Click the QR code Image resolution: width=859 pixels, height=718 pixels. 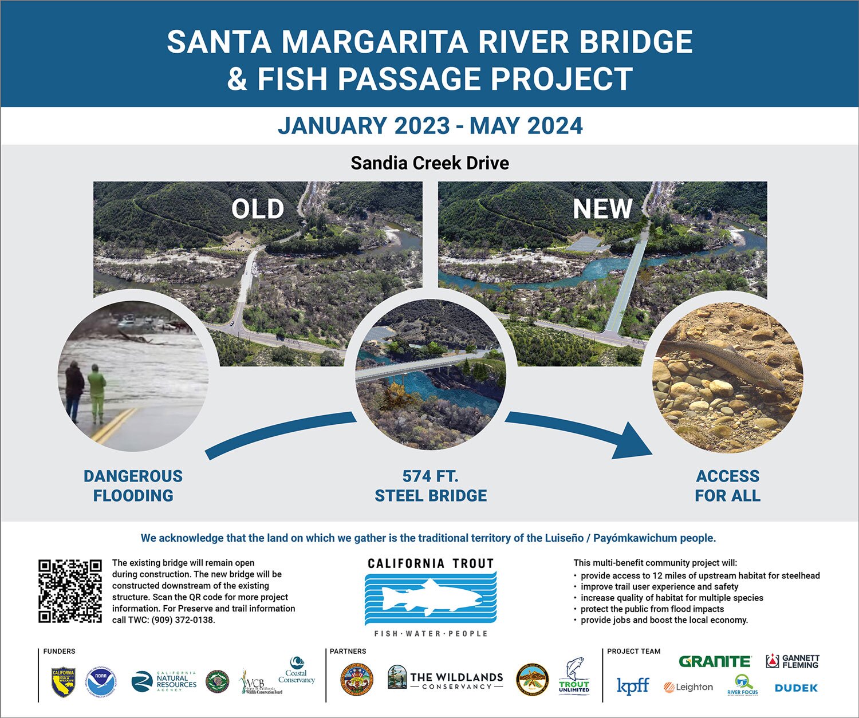coord(70,591)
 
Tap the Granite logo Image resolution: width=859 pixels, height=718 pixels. coord(714,662)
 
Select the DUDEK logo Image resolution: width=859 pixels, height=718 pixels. coord(796,688)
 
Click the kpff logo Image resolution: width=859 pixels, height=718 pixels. coord(632,686)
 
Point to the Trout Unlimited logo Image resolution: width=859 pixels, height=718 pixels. coord(574,676)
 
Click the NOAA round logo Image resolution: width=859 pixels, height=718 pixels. coord(101,681)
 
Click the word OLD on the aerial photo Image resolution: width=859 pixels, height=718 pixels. coord(258,209)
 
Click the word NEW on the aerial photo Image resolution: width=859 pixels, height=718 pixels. coord(602,209)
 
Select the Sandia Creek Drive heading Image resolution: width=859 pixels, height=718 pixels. coord(429,163)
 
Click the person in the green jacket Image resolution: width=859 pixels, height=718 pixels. coord(96,392)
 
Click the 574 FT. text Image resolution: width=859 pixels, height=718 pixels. coord(430,476)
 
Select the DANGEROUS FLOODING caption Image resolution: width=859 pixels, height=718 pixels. coord(133,486)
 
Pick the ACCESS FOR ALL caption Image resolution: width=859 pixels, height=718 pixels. coord(727,486)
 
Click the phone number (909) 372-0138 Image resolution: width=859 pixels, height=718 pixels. coord(183,620)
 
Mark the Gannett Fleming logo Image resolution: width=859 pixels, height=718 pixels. coord(793,662)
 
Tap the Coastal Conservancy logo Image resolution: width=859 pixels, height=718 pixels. coord(296,672)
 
